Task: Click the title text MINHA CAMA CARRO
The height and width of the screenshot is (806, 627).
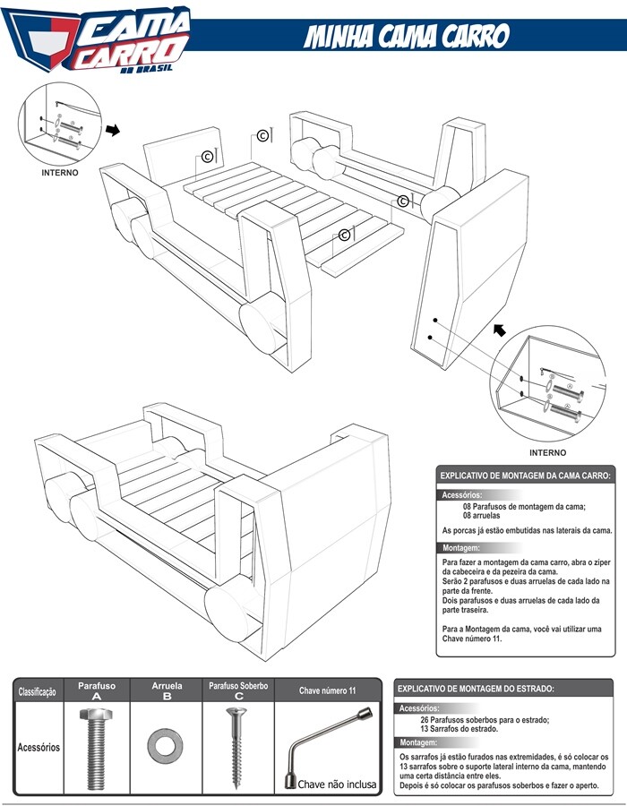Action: pos(408,37)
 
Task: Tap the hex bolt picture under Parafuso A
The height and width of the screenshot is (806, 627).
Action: pos(96,748)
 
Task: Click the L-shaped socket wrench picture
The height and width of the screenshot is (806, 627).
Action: pos(328,742)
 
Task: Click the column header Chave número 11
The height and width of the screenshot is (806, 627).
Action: pos(328,691)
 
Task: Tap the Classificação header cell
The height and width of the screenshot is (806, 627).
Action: pos(38,691)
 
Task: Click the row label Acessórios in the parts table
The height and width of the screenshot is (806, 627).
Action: pos(38,746)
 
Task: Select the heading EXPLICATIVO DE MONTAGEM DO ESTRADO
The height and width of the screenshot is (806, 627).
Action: pos(476,689)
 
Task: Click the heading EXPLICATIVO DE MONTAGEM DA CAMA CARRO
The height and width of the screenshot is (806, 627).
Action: pos(525,476)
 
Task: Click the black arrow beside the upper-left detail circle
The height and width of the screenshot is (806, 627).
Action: pos(113,131)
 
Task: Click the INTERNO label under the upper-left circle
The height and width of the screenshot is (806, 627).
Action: pos(60,172)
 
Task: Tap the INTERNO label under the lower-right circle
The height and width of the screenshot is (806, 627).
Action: pos(547,452)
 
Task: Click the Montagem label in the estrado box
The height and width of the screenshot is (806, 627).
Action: pos(418,743)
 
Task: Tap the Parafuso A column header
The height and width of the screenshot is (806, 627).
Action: pos(96,690)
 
